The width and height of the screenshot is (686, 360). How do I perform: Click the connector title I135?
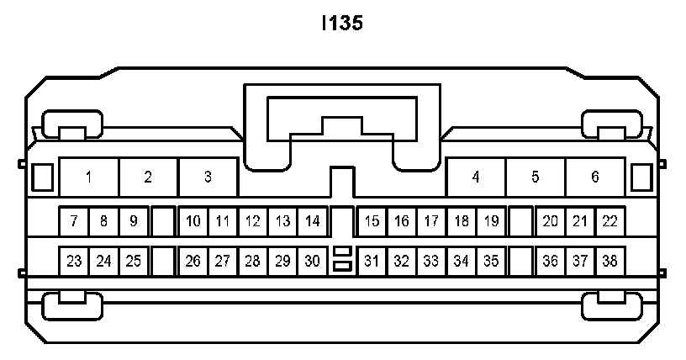[342, 24]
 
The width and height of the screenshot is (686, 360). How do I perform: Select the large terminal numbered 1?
[88, 177]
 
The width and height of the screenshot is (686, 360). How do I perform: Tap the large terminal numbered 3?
[208, 177]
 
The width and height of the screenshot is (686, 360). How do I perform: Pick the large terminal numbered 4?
[476, 177]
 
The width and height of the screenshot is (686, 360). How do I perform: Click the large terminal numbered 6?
[595, 177]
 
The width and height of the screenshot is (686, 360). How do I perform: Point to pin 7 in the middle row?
[74, 222]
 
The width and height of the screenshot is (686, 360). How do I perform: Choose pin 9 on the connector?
[133, 222]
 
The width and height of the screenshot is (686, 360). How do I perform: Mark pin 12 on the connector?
[252, 222]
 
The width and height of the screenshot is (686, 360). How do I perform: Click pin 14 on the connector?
[312, 222]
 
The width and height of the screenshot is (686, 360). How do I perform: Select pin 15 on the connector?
[372, 222]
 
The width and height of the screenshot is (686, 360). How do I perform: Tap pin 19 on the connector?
[491, 222]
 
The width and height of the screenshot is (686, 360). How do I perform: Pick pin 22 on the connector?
[609, 222]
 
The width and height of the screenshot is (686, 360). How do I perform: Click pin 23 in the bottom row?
[74, 261]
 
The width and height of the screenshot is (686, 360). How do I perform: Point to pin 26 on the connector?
[193, 261]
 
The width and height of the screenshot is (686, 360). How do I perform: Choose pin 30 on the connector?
[312, 261]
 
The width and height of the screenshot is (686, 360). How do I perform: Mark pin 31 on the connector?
[372, 261]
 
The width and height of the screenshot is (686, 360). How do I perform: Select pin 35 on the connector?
[491, 261]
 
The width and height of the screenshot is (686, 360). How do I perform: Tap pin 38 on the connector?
[609, 261]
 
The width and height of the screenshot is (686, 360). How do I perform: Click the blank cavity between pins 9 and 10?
[163, 222]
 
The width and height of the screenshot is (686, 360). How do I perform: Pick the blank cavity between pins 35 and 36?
[521, 261]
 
